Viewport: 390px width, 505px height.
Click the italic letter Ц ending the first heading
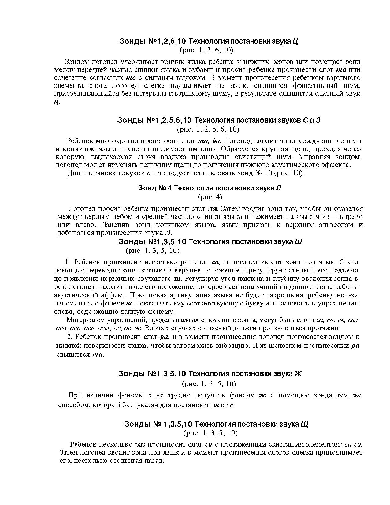pyautogui.click(x=295, y=41)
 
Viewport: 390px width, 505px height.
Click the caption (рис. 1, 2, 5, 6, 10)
pyautogui.click(x=208, y=129)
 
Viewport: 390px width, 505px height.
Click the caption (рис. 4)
pyautogui.click(x=210, y=197)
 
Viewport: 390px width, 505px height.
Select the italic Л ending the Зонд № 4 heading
pyautogui.click(x=278, y=188)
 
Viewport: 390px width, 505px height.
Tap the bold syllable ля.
pyautogui.click(x=213, y=209)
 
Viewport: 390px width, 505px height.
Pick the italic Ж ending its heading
pyautogui.click(x=298, y=374)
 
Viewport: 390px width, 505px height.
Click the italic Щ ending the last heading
pyautogui.click(x=304, y=424)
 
